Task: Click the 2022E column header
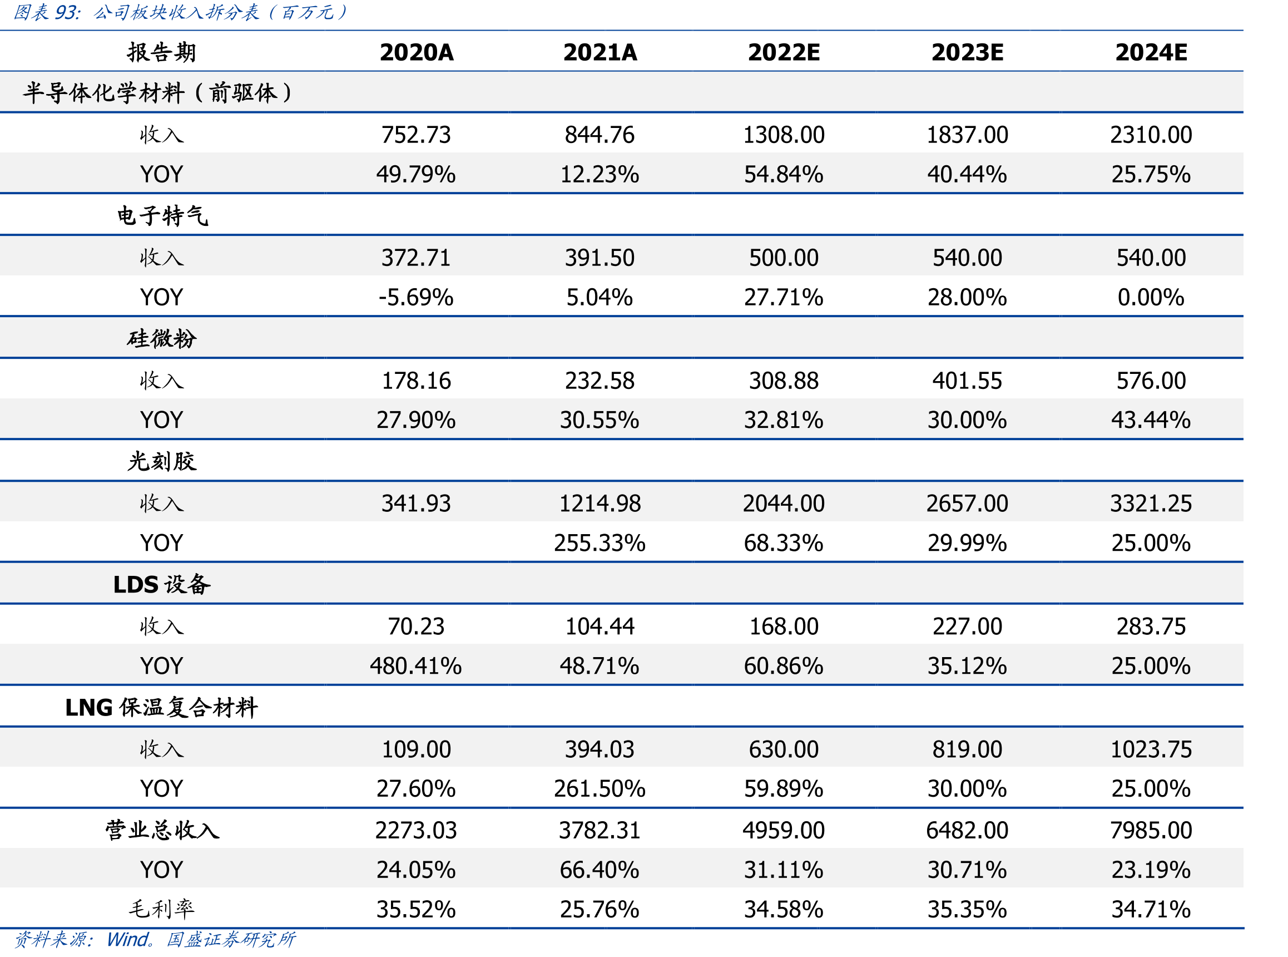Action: [x=784, y=52]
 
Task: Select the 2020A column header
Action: [x=416, y=52]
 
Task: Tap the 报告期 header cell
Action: [x=161, y=52]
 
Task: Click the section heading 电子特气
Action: [x=162, y=215]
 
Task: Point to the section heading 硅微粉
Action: [x=161, y=338]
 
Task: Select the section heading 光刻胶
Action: [x=161, y=461]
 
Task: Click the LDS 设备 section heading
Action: [x=161, y=584]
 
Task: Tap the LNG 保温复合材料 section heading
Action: [x=161, y=707]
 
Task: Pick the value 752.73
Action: [x=416, y=135]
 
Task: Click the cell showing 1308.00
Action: [x=784, y=135]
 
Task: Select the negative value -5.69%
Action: [x=416, y=297]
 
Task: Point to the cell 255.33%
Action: [x=600, y=543]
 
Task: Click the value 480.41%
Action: [x=416, y=665]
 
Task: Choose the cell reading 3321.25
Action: [x=1151, y=504]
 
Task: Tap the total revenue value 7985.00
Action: [x=1151, y=830]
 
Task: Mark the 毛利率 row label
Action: [x=161, y=909]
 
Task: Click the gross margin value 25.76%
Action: [x=600, y=909]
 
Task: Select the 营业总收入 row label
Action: [x=162, y=830]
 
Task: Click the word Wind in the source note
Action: [x=128, y=939]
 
